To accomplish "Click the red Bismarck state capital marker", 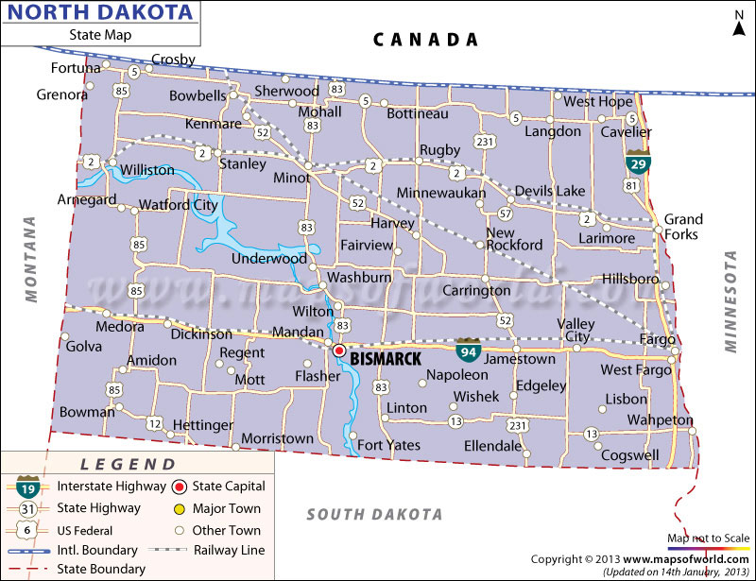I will pos(338,350).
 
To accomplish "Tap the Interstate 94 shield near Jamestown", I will pos(467,350).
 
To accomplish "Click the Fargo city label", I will pos(658,339).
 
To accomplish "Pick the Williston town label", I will pos(146,170).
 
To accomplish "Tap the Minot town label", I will pos(291,178).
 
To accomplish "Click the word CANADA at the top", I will pos(425,39).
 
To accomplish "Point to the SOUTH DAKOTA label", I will pos(374,514).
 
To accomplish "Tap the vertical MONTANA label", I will pos(30,259).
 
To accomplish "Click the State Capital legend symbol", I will pos(180,487).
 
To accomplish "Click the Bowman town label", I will pos(87,413).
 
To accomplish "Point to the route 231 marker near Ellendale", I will pos(517,423).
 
